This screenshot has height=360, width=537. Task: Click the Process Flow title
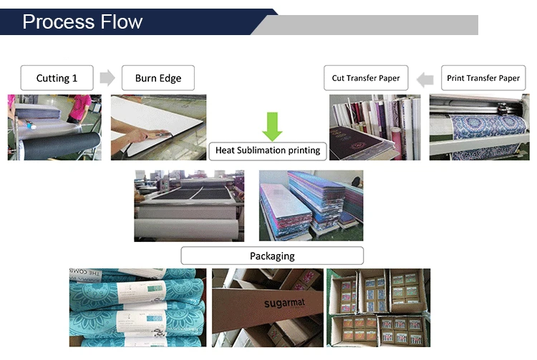click(82, 21)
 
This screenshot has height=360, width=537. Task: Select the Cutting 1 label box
click(57, 78)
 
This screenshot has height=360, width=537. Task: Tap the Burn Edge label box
click(158, 78)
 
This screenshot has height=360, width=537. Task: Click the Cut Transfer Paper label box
click(366, 78)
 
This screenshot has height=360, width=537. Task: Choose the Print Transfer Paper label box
click(483, 78)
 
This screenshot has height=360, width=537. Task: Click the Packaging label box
click(272, 256)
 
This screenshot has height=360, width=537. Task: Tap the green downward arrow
click(272, 126)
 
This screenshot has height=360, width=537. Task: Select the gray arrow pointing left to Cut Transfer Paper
click(425, 79)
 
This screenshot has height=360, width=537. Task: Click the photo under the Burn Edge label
click(158, 127)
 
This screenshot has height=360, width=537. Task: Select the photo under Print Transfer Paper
click(478, 127)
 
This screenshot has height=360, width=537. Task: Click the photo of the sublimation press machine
click(189, 205)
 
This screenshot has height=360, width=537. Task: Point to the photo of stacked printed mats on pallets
click(311, 205)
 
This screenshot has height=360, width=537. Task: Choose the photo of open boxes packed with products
click(378, 308)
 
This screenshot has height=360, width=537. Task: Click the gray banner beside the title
click(372, 24)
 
